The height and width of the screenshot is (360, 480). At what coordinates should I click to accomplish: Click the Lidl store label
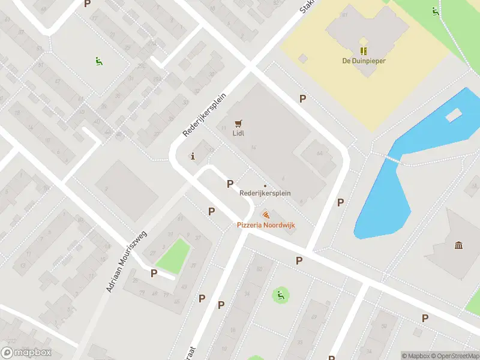(x=239, y=134)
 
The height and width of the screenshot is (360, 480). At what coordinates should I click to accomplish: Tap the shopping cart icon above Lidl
(x=239, y=123)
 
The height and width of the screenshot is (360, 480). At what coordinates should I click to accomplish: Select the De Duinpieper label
(x=364, y=61)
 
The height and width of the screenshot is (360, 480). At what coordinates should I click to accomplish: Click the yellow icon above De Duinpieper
(x=364, y=50)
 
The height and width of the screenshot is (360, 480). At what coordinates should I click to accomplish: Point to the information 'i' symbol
(x=193, y=157)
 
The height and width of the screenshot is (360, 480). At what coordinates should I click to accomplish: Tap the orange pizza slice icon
(x=266, y=215)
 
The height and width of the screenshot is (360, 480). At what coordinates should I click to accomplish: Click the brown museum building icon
(x=459, y=245)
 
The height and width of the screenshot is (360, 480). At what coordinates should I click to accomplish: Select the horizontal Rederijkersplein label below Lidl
(x=265, y=193)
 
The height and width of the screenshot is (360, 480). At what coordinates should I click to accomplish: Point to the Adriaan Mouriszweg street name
(x=127, y=262)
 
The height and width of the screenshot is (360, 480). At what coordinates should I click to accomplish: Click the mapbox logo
(x=26, y=353)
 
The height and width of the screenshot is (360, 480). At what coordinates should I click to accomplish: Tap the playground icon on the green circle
(x=280, y=295)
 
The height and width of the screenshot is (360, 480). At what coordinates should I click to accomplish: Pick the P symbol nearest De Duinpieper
(x=303, y=99)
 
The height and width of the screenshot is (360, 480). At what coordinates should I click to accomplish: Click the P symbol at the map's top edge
(x=88, y=4)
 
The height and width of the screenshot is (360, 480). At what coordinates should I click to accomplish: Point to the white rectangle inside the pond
(x=454, y=115)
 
